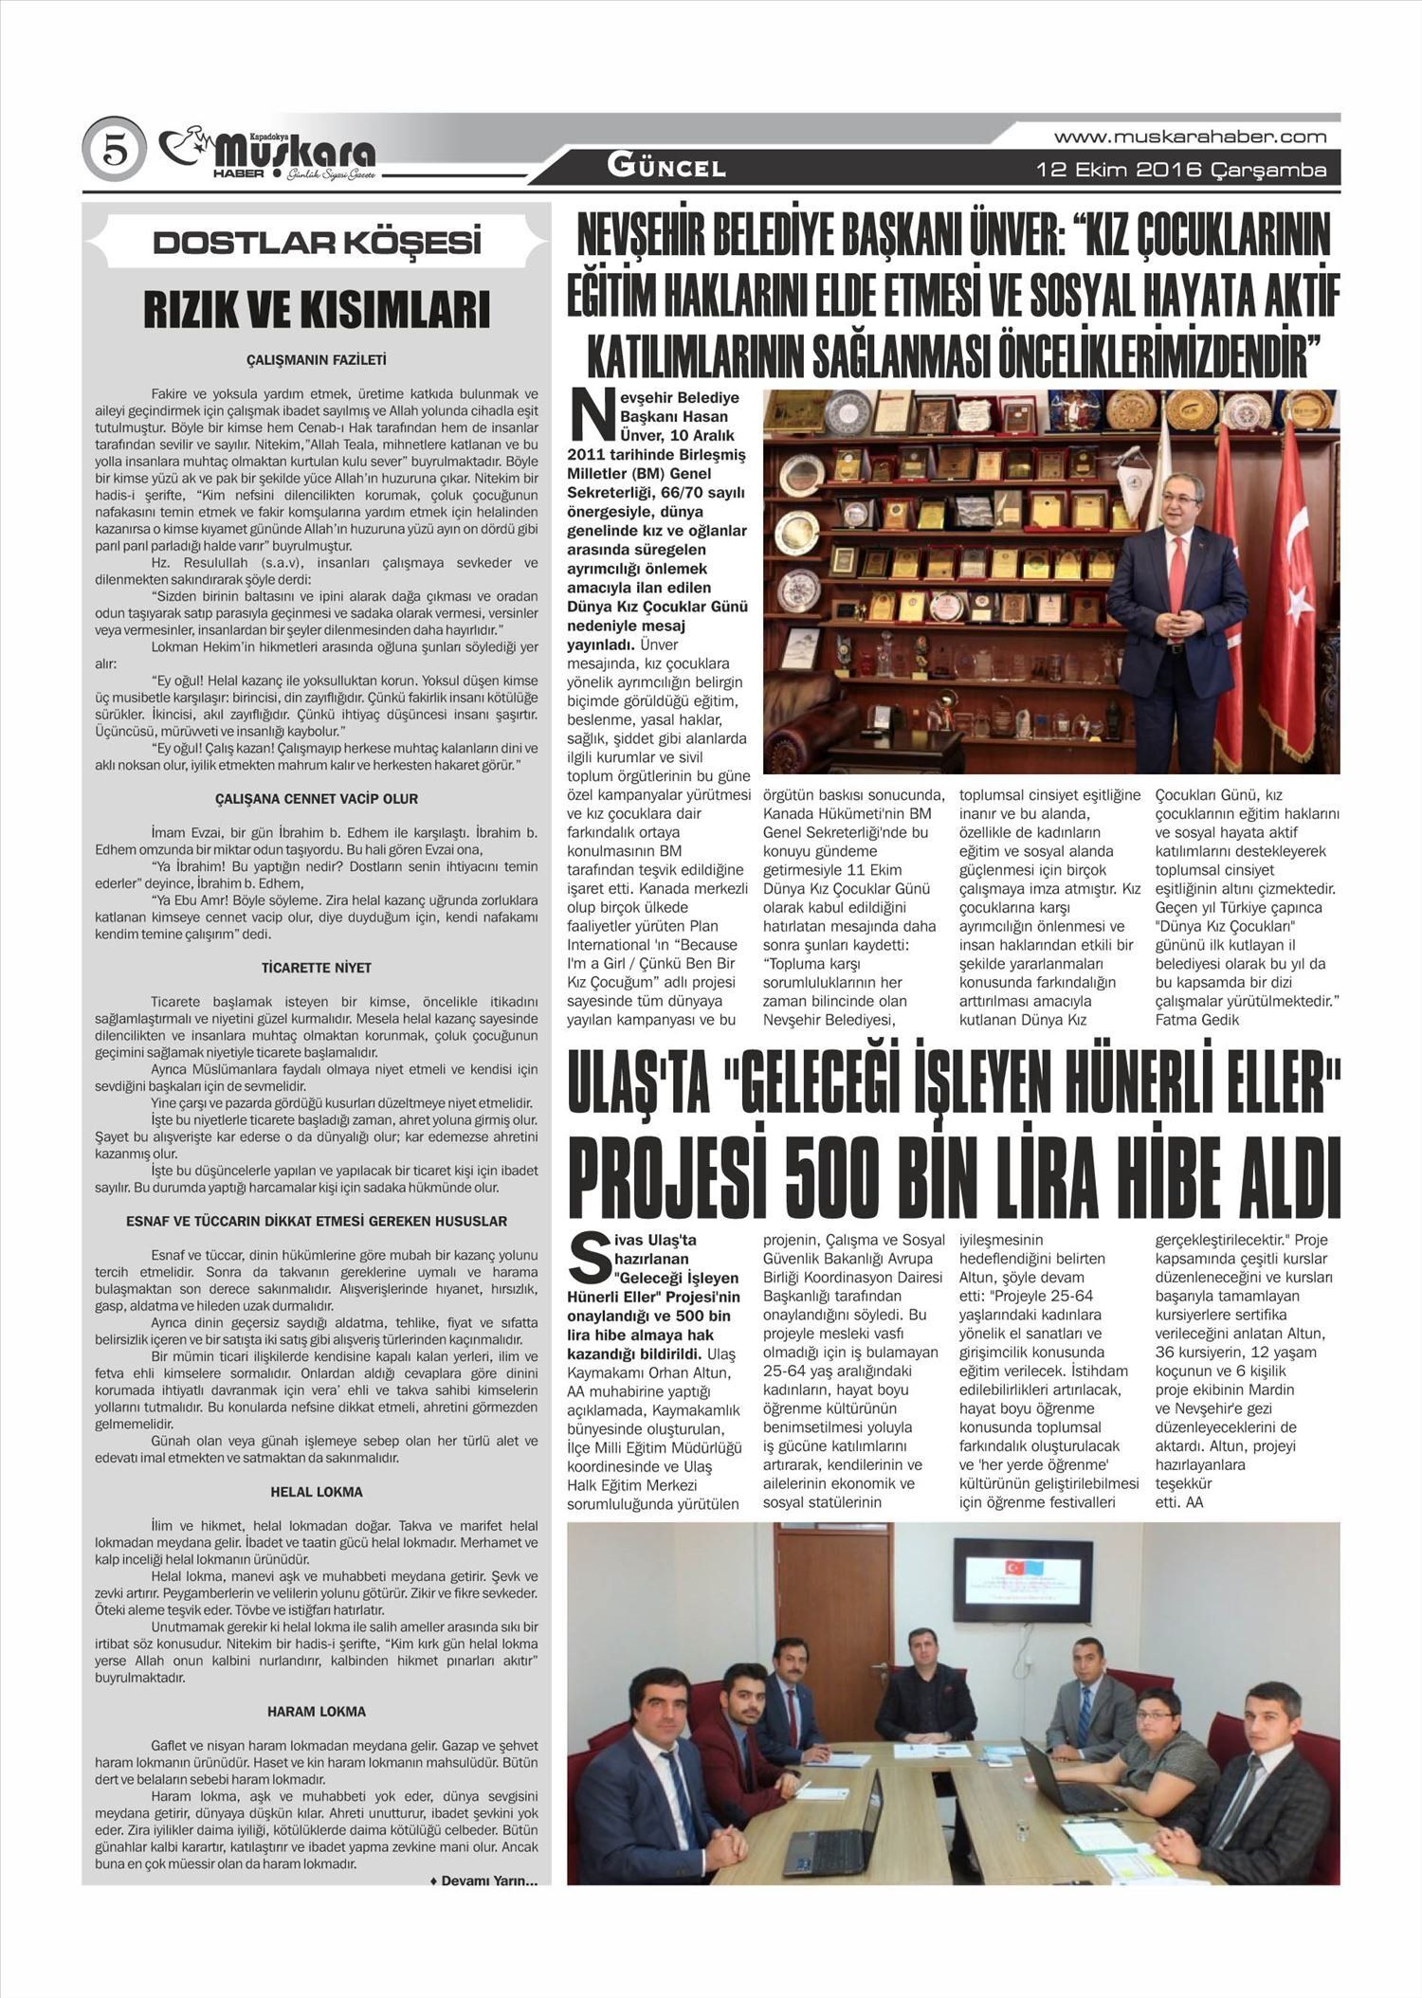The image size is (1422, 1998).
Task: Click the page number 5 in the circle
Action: [x=114, y=150]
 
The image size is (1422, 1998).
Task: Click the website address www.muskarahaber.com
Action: [x=1190, y=136]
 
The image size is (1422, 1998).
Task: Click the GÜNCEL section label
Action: [x=666, y=169]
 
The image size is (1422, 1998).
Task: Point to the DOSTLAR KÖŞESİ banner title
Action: [x=317, y=243]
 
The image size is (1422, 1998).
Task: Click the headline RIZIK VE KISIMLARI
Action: [x=317, y=312]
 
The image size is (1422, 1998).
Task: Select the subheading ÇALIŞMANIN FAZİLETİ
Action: [x=317, y=360]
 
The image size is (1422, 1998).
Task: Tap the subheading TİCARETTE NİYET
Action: [x=317, y=968]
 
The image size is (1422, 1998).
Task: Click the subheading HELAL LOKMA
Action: [x=317, y=1492]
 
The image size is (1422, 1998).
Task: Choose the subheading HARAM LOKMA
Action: [x=317, y=1712]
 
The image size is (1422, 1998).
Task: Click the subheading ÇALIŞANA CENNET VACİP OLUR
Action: [x=317, y=799]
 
